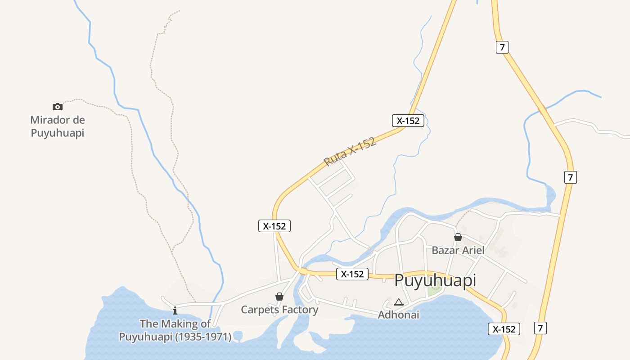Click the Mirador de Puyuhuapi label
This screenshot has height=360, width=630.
tap(57, 126)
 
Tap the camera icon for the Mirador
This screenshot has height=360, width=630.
tap(57, 107)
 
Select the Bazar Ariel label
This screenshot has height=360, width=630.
tap(458, 250)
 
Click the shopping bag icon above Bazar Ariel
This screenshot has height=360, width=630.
tap(458, 237)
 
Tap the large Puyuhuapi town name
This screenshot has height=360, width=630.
tap(435, 280)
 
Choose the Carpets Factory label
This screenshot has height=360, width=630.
tap(279, 310)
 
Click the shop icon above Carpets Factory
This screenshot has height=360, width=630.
tap(279, 297)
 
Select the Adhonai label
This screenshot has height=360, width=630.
tap(398, 315)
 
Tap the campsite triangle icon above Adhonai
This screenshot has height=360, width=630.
tap(398, 302)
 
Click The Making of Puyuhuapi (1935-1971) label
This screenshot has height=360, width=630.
tap(175, 330)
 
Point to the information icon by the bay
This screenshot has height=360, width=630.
tap(175, 310)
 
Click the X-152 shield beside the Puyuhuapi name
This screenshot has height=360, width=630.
tap(352, 274)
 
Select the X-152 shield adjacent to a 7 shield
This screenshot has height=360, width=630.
tap(504, 329)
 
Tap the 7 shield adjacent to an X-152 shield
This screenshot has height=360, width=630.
tap(540, 328)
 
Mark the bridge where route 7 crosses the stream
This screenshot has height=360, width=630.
tap(543, 109)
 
